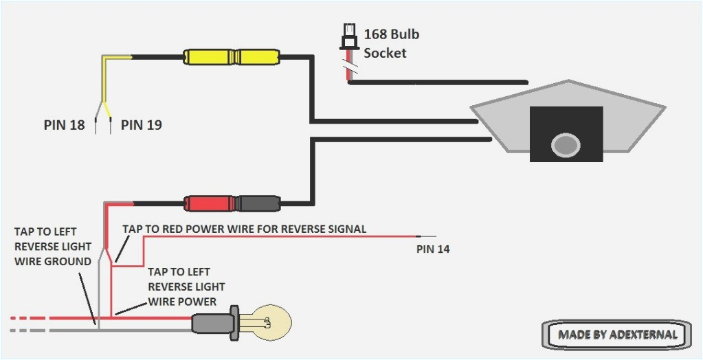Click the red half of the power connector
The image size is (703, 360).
[x=210, y=203]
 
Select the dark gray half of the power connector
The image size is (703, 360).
[x=258, y=203]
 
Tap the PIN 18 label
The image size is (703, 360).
[x=64, y=125]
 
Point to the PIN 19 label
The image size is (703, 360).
[x=142, y=125]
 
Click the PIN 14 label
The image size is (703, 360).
[x=433, y=249]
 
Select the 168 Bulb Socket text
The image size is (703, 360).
[x=391, y=43]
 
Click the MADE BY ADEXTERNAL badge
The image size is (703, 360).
[x=617, y=335]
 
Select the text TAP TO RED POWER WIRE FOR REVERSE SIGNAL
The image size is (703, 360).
[x=244, y=229]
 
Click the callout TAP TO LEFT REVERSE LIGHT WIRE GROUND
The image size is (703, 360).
[x=53, y=245]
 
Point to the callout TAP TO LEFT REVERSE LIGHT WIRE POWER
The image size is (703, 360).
[x=186, y=286]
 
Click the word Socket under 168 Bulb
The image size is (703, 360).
[x=385, y=53]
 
